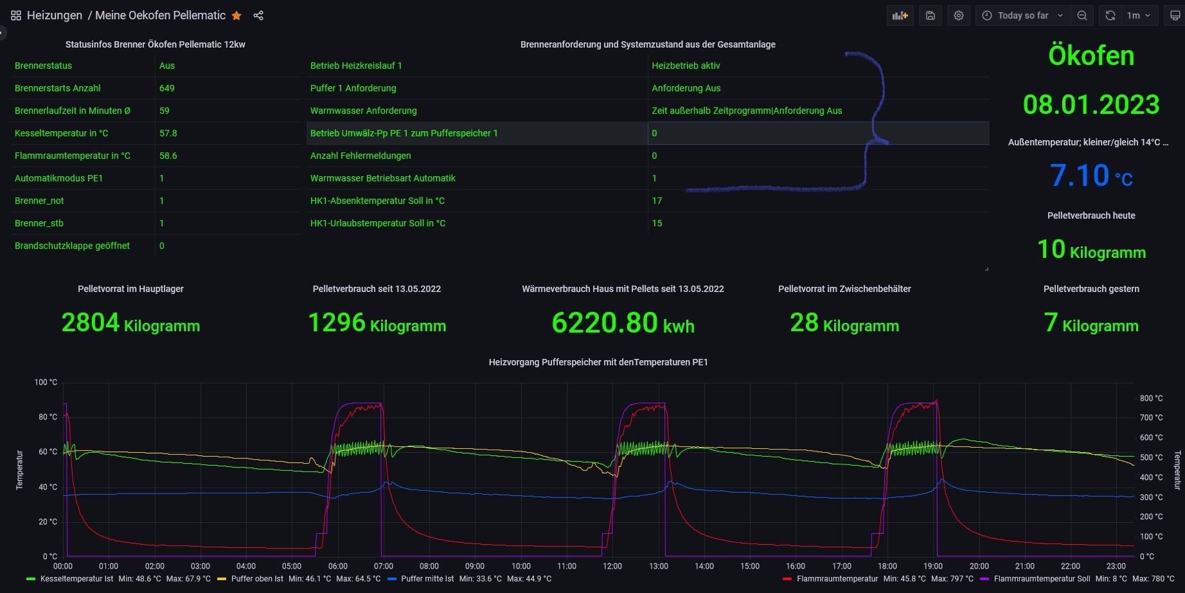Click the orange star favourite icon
pos(236,15)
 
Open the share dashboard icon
pos(258,15)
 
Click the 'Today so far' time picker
pos(1022,15)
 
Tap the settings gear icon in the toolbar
pos(958,15)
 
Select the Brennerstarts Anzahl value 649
pos(167,88)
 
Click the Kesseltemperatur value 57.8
pos(168,133)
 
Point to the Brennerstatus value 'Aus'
pos(167,66)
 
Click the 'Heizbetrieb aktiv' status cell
pos(686,66)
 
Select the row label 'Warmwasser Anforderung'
pos(363,111)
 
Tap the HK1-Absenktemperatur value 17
pos(657,201)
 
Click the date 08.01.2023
pos(1091,104)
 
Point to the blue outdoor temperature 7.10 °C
pos(1091,176)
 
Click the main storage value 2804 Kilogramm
pos(130,323)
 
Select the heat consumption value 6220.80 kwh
pos(623,323)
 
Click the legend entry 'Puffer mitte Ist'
pos(427,579)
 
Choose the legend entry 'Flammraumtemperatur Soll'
pos(1042,579)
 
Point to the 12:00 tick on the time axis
pos(612,566)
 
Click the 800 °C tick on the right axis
pos(1151,398)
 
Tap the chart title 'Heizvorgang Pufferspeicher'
pos(598,362)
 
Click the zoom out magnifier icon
pos(1082,15)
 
